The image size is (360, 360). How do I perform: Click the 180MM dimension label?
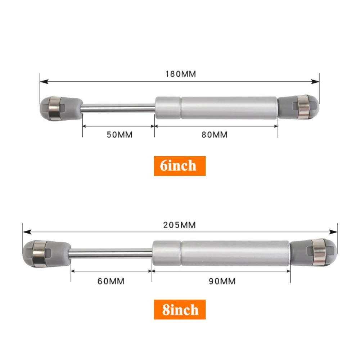click(x=180, y=74)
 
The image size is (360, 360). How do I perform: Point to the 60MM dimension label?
click(x=111, y=281)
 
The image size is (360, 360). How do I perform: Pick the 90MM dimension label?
click(x=222, y=281)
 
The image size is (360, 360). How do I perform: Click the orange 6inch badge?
click(x=180, y=166)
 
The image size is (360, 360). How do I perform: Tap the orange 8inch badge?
click(x=180, y=310)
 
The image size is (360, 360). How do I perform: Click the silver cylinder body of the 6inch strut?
click(x=216, y=107)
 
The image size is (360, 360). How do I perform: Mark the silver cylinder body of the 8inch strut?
click(x=221, y=252)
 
